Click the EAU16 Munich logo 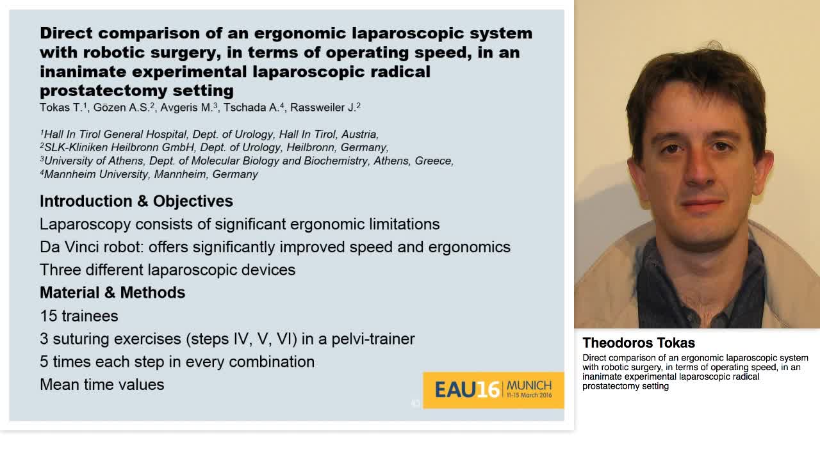pyautogui.click(x=493, y=390)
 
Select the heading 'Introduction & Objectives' pyautogui.click(x=136, y=201)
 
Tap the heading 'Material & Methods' pyautogui.click(x=112, y=293)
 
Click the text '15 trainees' pyautogui.click(x=79, y=316)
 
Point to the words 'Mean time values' pyautogui.click(x=102, y=384)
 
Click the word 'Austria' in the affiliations pyautogui.click(x=359, y=134)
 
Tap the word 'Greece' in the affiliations pyautogui.click(x=434, y=161)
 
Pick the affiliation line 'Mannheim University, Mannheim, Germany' pyautogui.click(x=151, y=174)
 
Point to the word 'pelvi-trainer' pyautogui.click(x=373, y=339)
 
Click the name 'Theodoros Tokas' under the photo pyautogui.click(x=638, y=343)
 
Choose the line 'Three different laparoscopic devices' pyautogui.click(x=167, y=270)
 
